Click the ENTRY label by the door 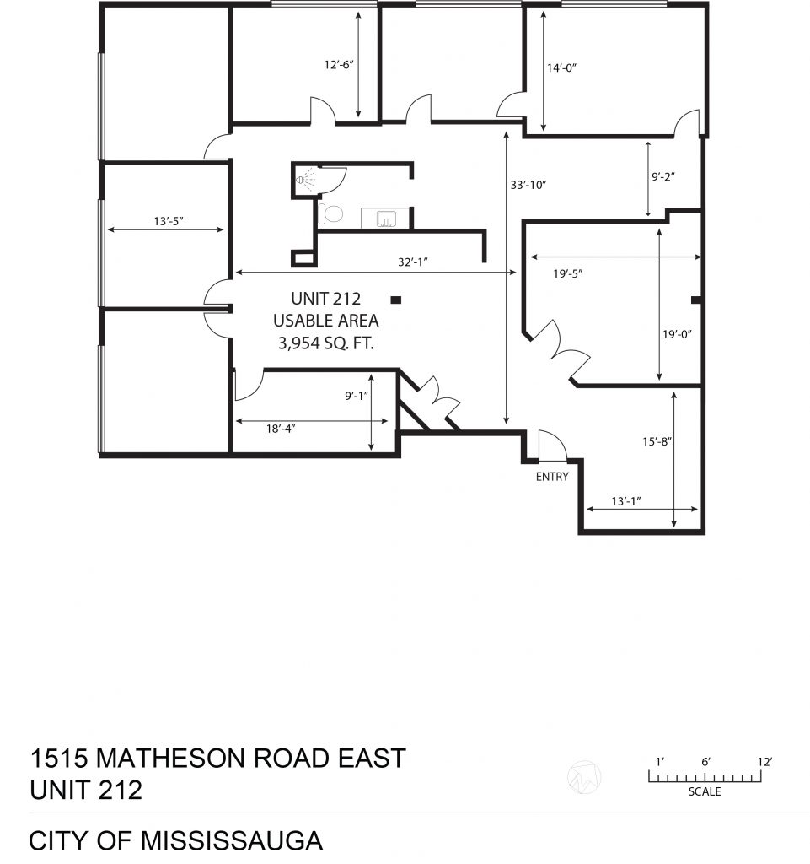552,477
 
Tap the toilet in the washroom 330,213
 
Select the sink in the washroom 386,219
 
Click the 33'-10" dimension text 528,185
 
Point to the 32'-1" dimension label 413,262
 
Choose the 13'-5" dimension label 169,222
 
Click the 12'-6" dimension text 339,65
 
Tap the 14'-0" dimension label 561,67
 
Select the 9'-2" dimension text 663,177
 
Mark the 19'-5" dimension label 568,273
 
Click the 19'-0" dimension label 677,334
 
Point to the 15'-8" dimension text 657,441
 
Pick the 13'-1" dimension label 626,501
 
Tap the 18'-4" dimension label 281,428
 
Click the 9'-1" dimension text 357,396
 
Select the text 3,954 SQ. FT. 325,343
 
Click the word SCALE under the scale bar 705,791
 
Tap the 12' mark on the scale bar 764,762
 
